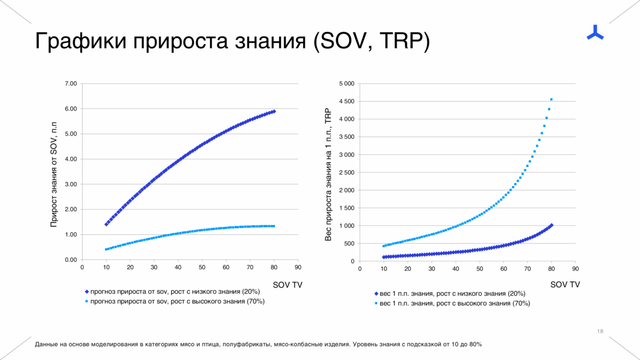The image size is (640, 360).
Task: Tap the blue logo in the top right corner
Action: (595, 33)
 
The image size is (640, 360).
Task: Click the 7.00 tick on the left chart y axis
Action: (71, 84)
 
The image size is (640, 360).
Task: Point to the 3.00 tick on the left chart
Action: (71, 184)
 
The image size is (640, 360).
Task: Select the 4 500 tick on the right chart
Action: (346, 102)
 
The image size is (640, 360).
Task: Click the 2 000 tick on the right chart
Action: (346, 190)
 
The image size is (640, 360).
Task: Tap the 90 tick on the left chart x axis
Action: (298, 267)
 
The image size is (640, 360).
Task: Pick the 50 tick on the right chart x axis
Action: (479, 268)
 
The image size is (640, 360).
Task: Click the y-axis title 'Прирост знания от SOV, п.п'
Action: (54, 173)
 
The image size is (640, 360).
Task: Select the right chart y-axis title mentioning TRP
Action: (328, 173)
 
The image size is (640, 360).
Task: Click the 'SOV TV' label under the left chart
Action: (287, 284)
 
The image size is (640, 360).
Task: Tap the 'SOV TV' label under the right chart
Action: (565, 284)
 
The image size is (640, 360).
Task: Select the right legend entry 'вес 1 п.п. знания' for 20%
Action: (452, 294)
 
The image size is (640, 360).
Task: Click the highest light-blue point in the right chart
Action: (551, 100)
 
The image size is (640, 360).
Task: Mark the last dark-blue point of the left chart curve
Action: (274, 111)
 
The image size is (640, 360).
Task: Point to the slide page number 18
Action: (600, 331)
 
